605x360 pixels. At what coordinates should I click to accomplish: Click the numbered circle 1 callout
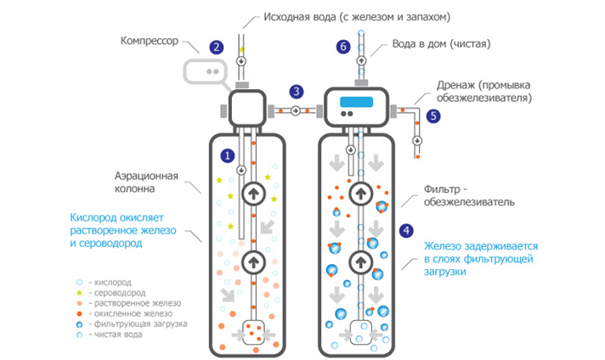226,155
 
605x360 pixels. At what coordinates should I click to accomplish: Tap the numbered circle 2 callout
218,48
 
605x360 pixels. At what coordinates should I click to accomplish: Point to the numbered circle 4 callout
408,229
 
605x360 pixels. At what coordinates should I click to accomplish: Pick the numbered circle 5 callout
434,117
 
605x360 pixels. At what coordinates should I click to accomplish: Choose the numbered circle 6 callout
343,48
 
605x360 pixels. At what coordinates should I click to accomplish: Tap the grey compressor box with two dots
209,73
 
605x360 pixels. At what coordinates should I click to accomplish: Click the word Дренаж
450,85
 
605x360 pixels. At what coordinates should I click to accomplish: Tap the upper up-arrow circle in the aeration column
253,194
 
